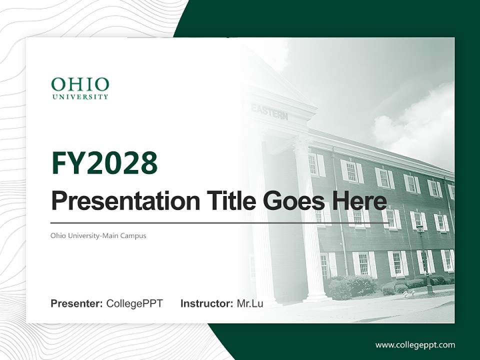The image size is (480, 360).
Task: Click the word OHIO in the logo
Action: coord(80,84)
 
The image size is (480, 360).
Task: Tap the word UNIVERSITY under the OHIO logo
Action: coord(80,96)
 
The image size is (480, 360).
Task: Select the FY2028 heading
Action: coord(104,162)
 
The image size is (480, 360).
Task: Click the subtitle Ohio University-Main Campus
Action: coord(98,235)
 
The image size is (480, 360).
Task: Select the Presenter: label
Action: coord(77,303)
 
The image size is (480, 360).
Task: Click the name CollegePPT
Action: coord(134,303)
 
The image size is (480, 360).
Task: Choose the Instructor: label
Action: coord(207,303)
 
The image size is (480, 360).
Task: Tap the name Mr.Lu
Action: coord(250,303)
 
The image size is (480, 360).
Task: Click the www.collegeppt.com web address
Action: coord(415,345)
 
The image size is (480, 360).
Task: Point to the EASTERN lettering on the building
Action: coord(269,111)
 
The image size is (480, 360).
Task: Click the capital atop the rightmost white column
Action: coord(303,143)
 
